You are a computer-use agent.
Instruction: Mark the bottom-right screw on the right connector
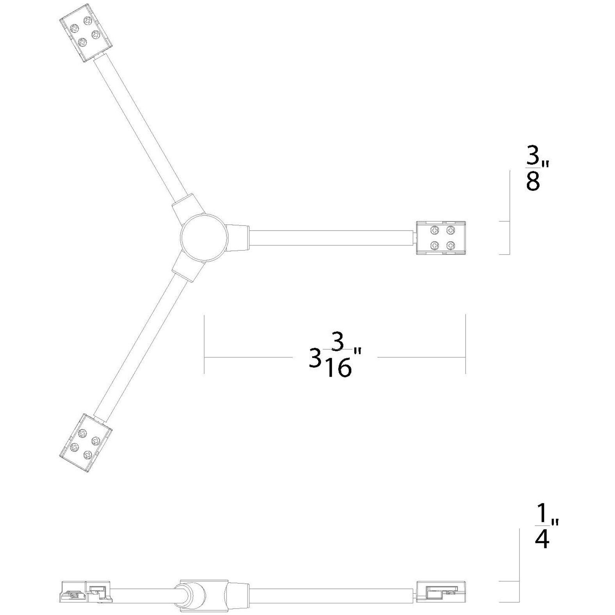[451, 245]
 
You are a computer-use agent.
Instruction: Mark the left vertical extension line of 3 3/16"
[204, 343]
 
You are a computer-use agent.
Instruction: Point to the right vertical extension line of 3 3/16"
[466, 343]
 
